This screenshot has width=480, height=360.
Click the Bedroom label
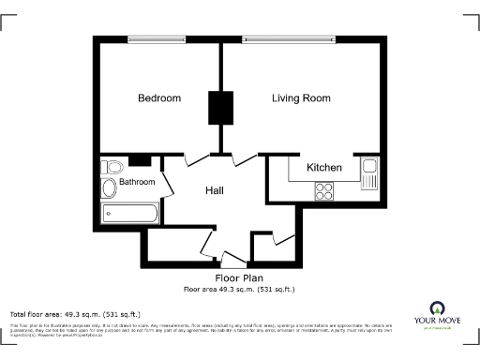(x=158, y=98)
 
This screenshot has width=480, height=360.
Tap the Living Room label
(x=301, y=98)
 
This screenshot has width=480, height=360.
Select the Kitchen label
(x=324, y=168)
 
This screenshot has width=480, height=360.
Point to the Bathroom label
(x=137, y=182)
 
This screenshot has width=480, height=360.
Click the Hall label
(x=215, y=190)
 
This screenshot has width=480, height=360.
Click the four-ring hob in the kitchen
(x=325, y=191)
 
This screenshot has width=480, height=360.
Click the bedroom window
(x=165, y=39)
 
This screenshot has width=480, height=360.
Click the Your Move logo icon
(x=436, y=307)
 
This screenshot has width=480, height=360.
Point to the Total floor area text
(x=75, y=313)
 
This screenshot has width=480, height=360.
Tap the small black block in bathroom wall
(x=140, y=159)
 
